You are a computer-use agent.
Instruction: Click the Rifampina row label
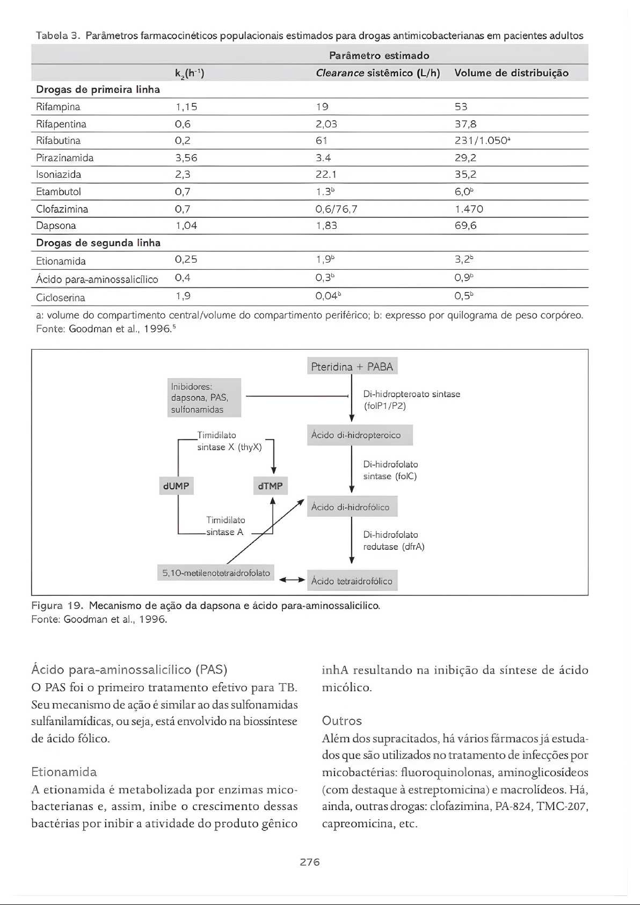pyautogui.click(x=58, y=107)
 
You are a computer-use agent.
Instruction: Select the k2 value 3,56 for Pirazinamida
pyautogui.click(x=186, y=158)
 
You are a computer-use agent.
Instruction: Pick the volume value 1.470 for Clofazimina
pyautogui.click(x=469, y=209)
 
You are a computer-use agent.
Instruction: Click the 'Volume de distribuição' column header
pyautogui.click(x=511, y=73)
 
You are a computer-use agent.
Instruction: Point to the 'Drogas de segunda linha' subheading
pyautogui.click(x=98, y=243)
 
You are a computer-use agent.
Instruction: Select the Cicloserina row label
pyautogui.click(x=61, y=298)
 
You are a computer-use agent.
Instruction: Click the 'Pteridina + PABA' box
pyautogui.click(x=352, y=367)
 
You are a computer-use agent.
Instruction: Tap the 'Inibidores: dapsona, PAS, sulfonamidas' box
pyautogui.click(x=204, y=398)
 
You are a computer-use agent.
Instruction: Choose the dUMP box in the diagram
pyautogui.click(x=176, y=486)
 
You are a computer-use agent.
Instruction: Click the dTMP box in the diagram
pyautogui.click(x=271, y=486)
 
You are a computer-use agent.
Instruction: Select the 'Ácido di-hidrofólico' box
pyautogui.click(x=352, y=507)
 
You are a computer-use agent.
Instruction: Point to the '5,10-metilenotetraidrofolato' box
pyautogui.click(x=216, y=573)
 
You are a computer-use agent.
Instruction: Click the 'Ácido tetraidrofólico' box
pyautogui.click(x=352, y=581)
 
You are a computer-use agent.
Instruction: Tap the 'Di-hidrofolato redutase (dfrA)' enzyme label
pyautogui.click(x=394, y=541)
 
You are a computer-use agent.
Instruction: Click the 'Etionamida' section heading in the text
pyautogui.click(x=64, y=772)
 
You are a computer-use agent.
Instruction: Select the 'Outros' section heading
pyautogui.click(x=342, y=721)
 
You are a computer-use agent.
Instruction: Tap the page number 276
pyautogui.click(x=310, y=862)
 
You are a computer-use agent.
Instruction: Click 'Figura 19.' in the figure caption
pyautogui.click(x=57, y=606)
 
